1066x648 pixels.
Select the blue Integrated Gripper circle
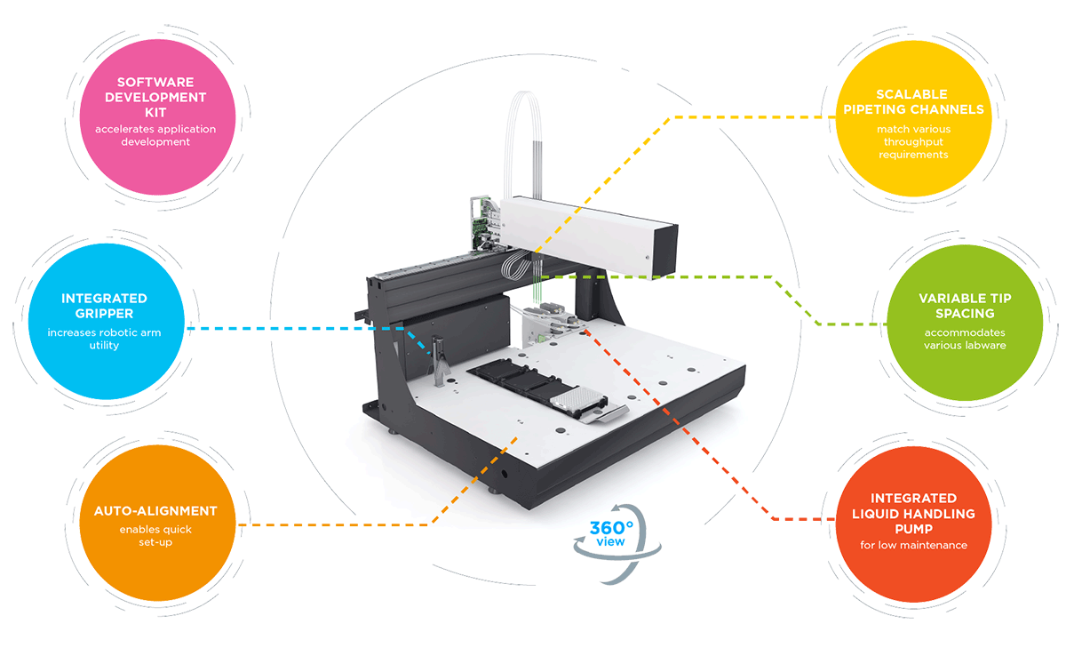pos(104,320)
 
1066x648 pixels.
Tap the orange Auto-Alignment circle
pos(155,524)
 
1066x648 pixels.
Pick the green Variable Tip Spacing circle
pos(965,321)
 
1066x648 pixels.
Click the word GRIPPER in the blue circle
pos(104,314)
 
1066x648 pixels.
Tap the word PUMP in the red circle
pos(913,528)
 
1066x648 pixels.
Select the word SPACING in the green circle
pos(965,314)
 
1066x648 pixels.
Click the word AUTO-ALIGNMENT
pos(155,511)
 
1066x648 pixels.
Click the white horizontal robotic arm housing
pos(586,229)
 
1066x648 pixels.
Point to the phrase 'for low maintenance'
pos(913,544)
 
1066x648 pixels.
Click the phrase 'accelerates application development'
pos(155,135)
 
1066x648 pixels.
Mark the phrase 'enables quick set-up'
pos(155,535)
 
